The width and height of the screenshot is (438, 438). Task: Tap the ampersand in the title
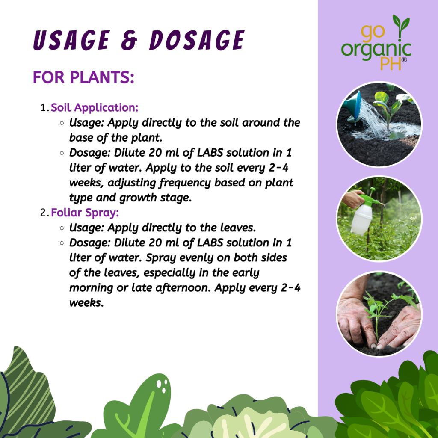click(129, 41)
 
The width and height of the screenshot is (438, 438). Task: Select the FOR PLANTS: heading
click(83, 77)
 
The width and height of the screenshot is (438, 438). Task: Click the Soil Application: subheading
click(95, 107)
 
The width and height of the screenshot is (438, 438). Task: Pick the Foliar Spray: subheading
click(85, 213)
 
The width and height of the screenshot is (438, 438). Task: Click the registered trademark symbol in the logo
click(404, 60)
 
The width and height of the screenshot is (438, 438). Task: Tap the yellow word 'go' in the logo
click(373, 32)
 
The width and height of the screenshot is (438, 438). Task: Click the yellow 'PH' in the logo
click(391, 64)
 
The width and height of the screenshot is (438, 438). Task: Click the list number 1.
click(44, 108)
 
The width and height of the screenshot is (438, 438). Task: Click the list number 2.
click(44, 213)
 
